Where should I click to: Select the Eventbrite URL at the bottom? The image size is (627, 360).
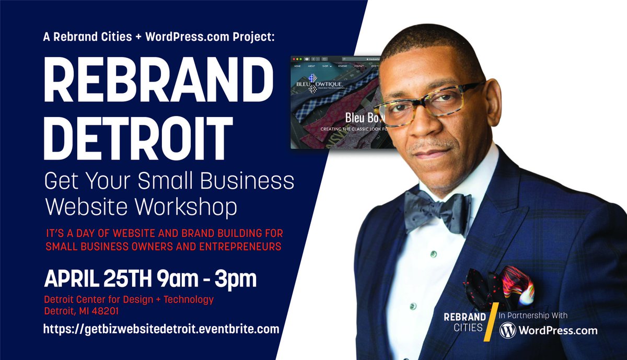click(x=161, y=329)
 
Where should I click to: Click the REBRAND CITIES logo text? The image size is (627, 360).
click(x=465, y=322)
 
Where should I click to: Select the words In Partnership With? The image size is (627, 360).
click(x=532, y=315)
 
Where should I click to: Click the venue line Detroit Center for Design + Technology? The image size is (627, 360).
click(x=129, y=299)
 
